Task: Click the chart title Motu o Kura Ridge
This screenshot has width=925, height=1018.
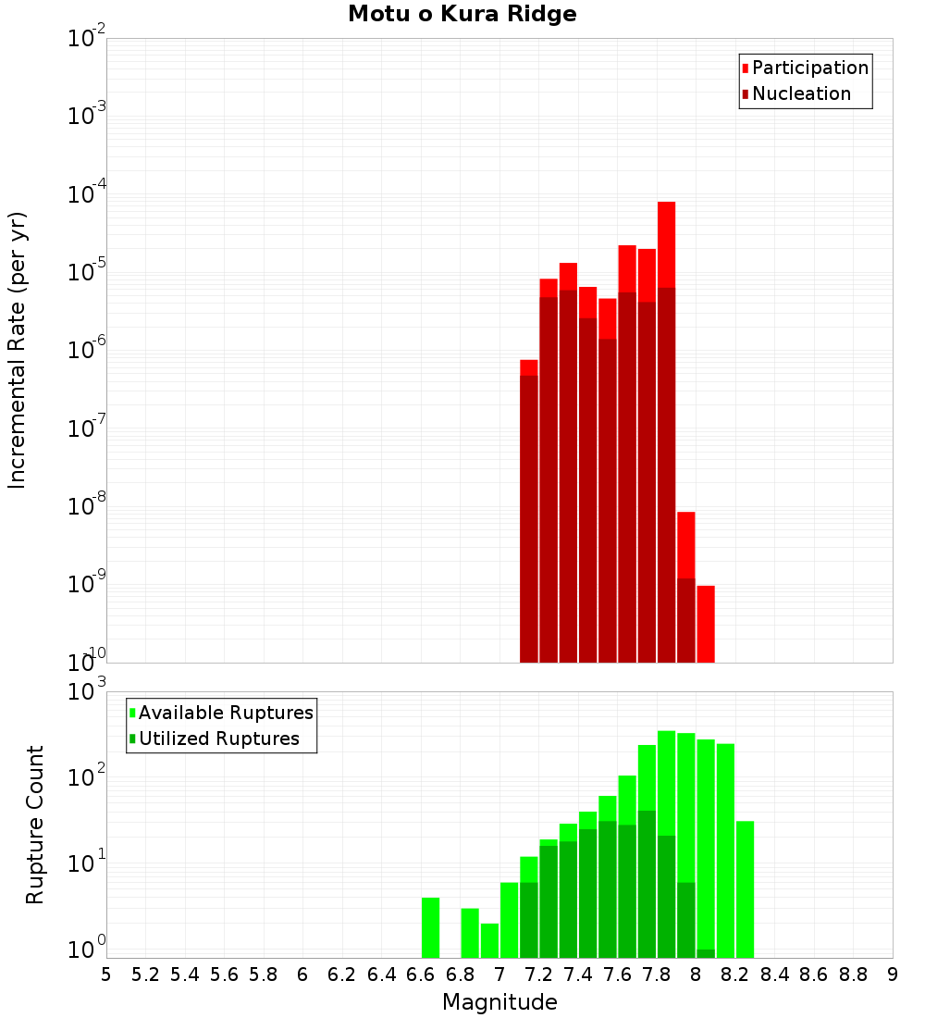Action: pos(462,15)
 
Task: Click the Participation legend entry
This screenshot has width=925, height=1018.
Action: pos(805,68)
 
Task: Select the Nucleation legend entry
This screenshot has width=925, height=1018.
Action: pos(795,93)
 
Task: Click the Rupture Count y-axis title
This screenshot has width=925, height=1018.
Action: pos(35,824)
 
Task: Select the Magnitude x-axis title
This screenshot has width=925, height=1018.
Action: pos(499,1001)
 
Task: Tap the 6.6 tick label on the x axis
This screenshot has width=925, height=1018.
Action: pos(420,974)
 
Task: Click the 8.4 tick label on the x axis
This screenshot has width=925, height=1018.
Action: pos(774,974)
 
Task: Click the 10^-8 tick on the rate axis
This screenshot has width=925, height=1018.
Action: pos(86,506)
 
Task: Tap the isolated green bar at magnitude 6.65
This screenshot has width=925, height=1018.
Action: pos(430,927)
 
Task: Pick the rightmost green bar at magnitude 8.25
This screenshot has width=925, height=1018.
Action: pos(745,888)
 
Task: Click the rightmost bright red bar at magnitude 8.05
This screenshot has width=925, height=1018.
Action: pos(706,624)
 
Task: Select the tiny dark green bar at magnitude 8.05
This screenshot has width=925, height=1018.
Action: pos(706,953)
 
